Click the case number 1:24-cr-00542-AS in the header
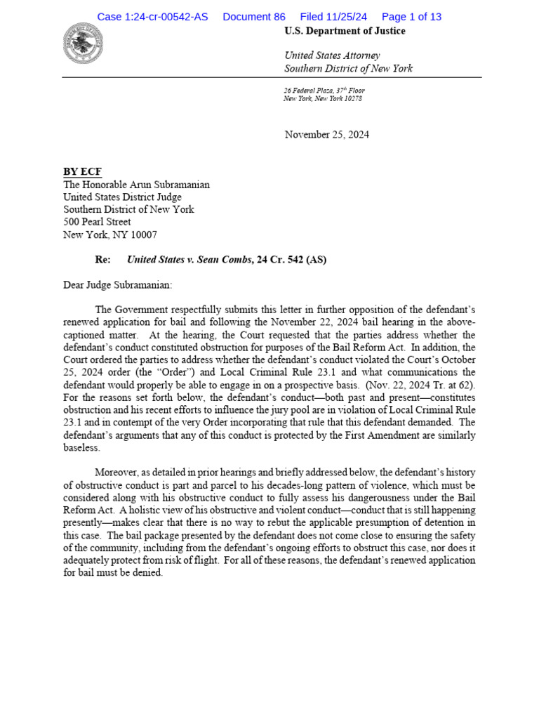coord(152,17)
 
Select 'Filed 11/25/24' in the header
coord(333,17)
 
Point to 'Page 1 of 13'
coord(411,17)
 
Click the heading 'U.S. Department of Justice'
coord(345,31)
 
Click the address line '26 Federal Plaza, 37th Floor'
coord(324,91)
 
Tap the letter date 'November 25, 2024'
coord(326,135)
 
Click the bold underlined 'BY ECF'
coord(82,172)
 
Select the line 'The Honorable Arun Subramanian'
coord(136,185)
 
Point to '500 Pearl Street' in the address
coord(97,222)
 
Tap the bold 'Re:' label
coord(102,260)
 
